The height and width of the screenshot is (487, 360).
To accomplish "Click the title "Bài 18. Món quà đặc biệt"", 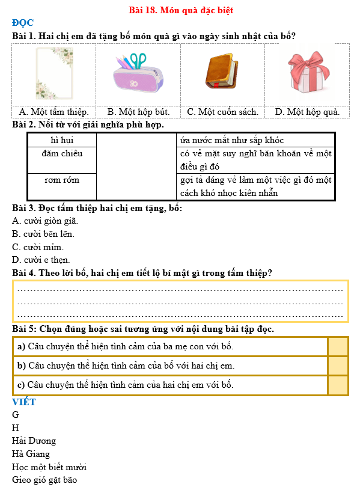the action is click(x=181, y=10).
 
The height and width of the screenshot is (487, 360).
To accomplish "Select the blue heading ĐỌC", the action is click(x=23, y=23).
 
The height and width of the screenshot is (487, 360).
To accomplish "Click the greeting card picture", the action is click(x=54, y=74).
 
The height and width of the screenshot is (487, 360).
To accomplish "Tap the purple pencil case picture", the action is click(x=138, y=73).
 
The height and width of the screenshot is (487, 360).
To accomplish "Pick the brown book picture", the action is click(x=222, y=73).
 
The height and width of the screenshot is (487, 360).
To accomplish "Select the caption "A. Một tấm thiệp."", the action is click(x=54, y=112).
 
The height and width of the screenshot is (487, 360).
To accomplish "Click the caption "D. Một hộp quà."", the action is click(x=307, y=112).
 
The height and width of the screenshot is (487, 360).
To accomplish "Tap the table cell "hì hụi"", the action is click(x=62, y=140).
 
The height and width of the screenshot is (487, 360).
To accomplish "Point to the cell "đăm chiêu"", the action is click(x=62, y=153).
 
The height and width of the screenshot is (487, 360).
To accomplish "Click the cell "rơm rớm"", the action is click(x=62, y=180).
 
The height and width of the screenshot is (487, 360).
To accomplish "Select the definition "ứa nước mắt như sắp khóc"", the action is click(x=232, y=140).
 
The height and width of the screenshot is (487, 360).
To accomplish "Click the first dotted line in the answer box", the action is click(x=180, y=290).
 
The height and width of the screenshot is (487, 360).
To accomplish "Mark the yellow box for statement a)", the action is click(x=338, y=346).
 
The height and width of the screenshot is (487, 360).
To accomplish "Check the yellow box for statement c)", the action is click(x=338, y=385).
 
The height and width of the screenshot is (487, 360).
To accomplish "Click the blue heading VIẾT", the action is click(x=24, y=402).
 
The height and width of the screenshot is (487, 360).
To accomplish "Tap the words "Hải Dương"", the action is click(x=34, y=441).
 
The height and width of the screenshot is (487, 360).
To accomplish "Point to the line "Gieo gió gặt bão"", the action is click(x=44, y=480).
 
